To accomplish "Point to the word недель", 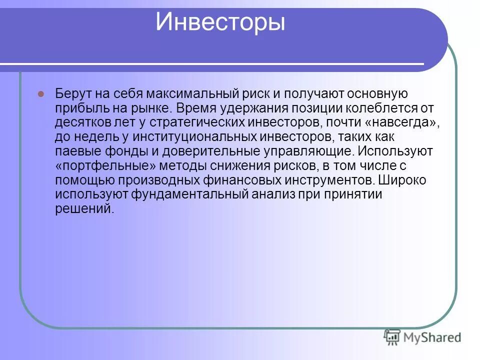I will coord(93,137).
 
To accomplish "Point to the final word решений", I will coord(84,209).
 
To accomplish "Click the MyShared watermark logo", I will coord(422,337).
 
